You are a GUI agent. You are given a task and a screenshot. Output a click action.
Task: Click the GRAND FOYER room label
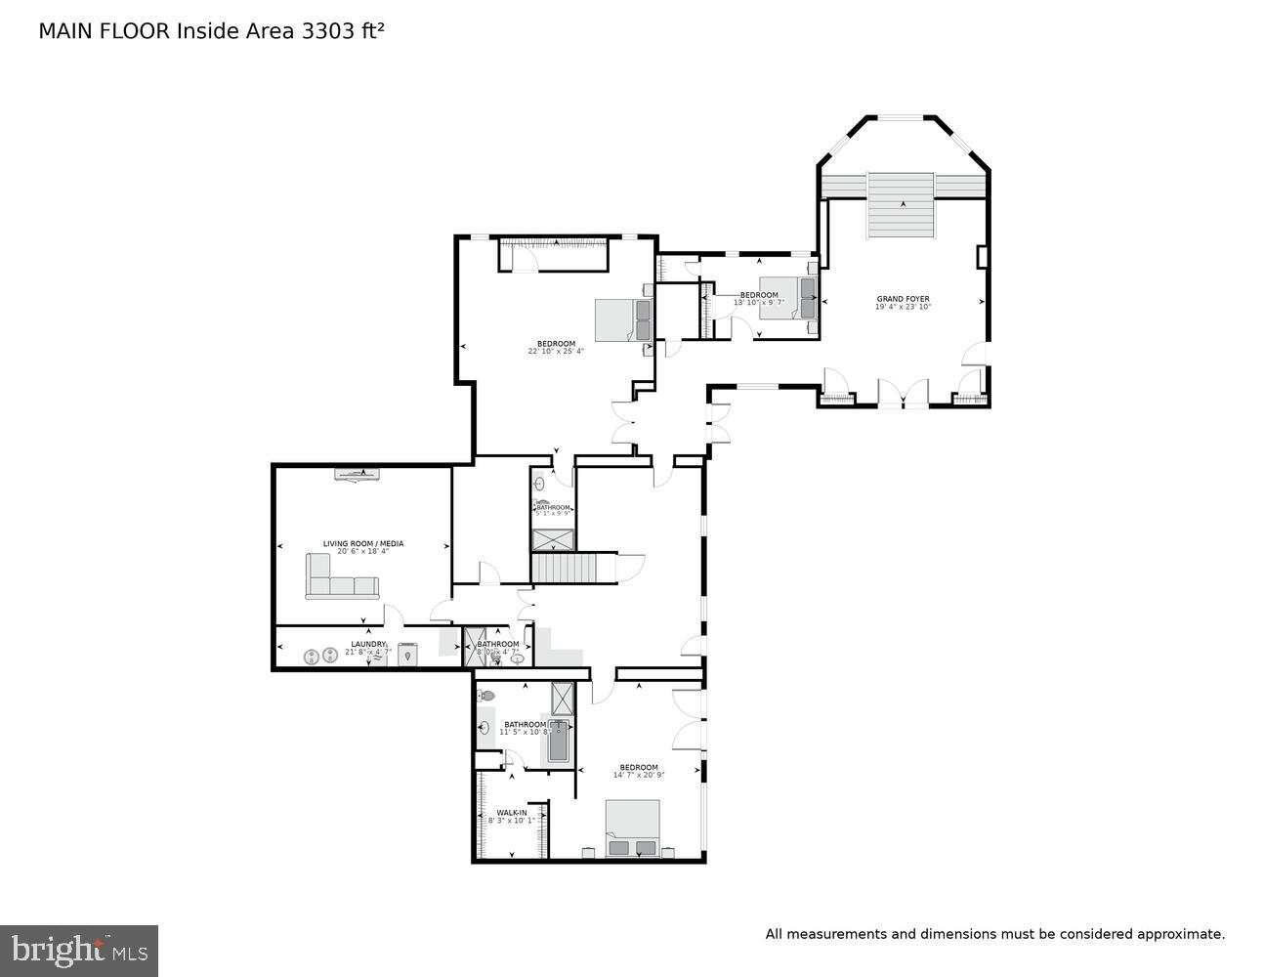[x=903, y=299]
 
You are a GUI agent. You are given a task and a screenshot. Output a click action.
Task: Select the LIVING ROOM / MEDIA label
[x=363, y=544]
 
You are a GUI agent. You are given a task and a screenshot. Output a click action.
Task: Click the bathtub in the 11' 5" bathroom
[x=558, y=741]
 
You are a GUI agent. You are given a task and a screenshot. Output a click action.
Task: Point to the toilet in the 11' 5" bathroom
[x=487, y=696]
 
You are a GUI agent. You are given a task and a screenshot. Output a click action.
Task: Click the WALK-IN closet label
[x=511, y=813]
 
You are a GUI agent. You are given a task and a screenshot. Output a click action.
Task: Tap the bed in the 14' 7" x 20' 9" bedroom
[x=632, y=828]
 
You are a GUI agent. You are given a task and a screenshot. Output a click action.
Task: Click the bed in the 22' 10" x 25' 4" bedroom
[x=624, y=319]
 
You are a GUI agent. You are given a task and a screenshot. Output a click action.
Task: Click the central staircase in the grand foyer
[x=902, y=205]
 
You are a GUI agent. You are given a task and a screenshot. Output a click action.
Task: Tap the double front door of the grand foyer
[x=903, y=393]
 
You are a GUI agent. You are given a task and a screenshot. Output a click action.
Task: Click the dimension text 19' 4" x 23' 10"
[x=903, y=308]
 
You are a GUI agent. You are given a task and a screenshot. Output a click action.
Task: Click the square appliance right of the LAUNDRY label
[x=407, y=654]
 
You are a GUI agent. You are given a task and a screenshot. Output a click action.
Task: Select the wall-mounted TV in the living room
[x=358, y=475]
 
